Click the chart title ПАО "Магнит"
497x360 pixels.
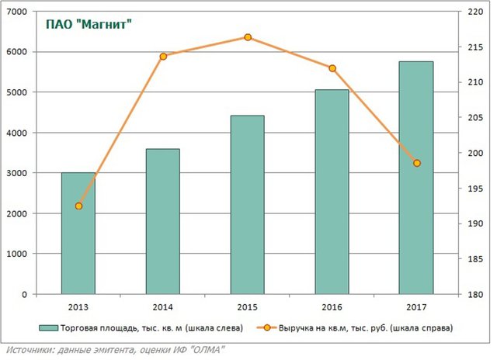click(x=86, y=26)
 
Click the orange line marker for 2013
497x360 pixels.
click(x=78, y=206)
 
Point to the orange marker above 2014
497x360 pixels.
click(x=163, y=57)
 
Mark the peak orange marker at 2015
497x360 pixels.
click(x=248, y=37)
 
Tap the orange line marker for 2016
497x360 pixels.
click(x=332, y=68)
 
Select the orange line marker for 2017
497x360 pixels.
click(x=417, y=163)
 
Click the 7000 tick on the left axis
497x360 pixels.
click(x=16, y=12)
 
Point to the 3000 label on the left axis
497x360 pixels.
click(x=16, y=173)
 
